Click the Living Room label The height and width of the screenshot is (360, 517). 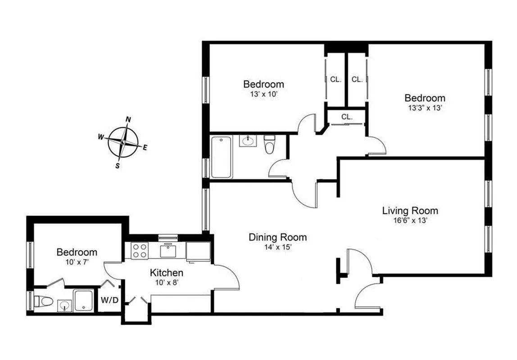click(410, 211)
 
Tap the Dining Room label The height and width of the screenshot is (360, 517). click(277, 237)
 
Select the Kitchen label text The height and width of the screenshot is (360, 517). click(166, 273)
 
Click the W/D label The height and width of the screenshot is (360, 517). click(109, 300)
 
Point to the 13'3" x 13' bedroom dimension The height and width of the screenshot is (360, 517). click(424, 108)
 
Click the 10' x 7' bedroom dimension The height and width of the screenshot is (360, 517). click(77, 261)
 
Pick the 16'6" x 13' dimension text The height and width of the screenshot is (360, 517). click(410, 220)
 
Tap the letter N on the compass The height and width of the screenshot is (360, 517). click(128, 120)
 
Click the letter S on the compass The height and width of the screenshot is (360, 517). click(118, 165)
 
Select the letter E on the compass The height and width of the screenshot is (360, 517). click(145, 148)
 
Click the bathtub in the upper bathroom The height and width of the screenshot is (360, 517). click(222, 157)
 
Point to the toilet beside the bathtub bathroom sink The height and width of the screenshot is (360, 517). click(269, 144)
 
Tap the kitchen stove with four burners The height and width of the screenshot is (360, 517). click(140, 250)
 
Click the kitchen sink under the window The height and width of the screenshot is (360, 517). click(168, 250)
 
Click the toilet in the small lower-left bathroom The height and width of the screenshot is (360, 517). click(44, 300)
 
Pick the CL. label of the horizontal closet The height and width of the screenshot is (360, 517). click(346, 117)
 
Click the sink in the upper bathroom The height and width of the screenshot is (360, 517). click(247, 141)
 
